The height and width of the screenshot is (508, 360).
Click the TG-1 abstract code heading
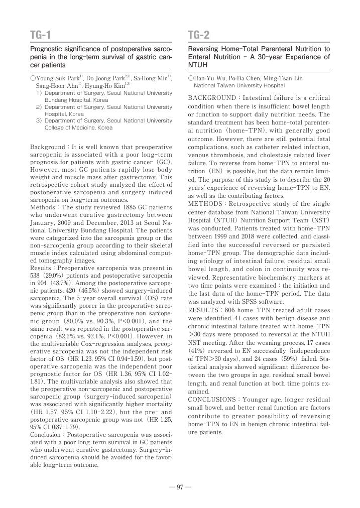pos(41,35)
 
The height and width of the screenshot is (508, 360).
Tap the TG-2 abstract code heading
pos(199,35)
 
